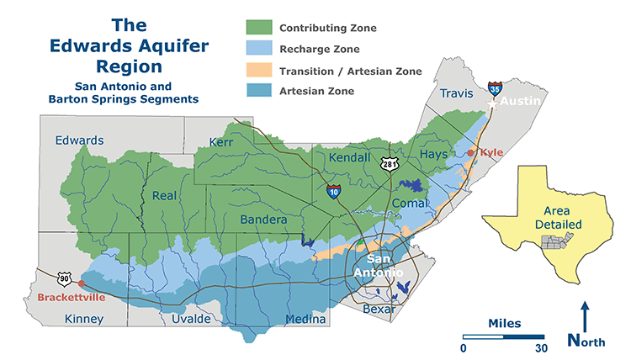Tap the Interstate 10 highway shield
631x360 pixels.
coord(334,192)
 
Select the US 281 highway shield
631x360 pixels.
coord(388,164)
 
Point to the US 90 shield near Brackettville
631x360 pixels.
coord(65,278)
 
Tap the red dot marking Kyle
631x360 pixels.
coord(470,153)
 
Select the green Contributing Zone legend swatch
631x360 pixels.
coord(262,28)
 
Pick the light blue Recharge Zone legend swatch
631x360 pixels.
coord(262,49)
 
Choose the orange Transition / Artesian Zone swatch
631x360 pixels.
coord(262,70)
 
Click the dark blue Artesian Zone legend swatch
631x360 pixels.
coord(262,91)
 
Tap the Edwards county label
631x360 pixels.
coord(80,140)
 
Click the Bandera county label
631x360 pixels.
coord(265,220)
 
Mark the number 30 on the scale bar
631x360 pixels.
coord(541,348)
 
